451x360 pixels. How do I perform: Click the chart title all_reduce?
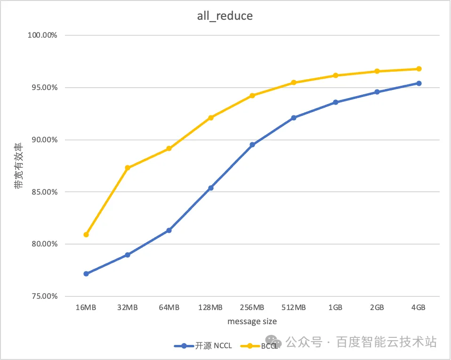[225, 16]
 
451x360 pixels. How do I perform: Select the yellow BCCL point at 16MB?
[86, 235]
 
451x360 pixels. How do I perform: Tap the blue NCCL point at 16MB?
[86, 274]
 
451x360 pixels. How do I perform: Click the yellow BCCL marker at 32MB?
[128, 168]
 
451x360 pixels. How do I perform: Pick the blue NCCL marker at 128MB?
[211, 188]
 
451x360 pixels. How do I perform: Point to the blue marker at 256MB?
[252, 145]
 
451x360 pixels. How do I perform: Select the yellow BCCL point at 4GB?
[419, 69]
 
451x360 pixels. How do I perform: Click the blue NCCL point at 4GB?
[419, 83]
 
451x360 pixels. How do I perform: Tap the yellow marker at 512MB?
[294, 82]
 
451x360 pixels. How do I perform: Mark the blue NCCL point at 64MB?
[169, 230]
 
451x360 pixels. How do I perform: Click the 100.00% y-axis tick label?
[44, 35]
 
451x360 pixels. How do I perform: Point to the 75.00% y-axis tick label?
[44, 296]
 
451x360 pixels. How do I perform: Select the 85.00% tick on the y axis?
[44, 192]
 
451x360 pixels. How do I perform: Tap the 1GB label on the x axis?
[335, 308]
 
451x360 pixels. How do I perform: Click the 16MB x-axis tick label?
[86, 308]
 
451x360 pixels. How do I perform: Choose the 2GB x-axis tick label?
[377, 308]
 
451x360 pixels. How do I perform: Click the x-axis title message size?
[252, 322]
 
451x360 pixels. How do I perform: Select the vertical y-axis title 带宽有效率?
[18, 165]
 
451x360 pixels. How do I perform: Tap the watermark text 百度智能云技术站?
[386, 342]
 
